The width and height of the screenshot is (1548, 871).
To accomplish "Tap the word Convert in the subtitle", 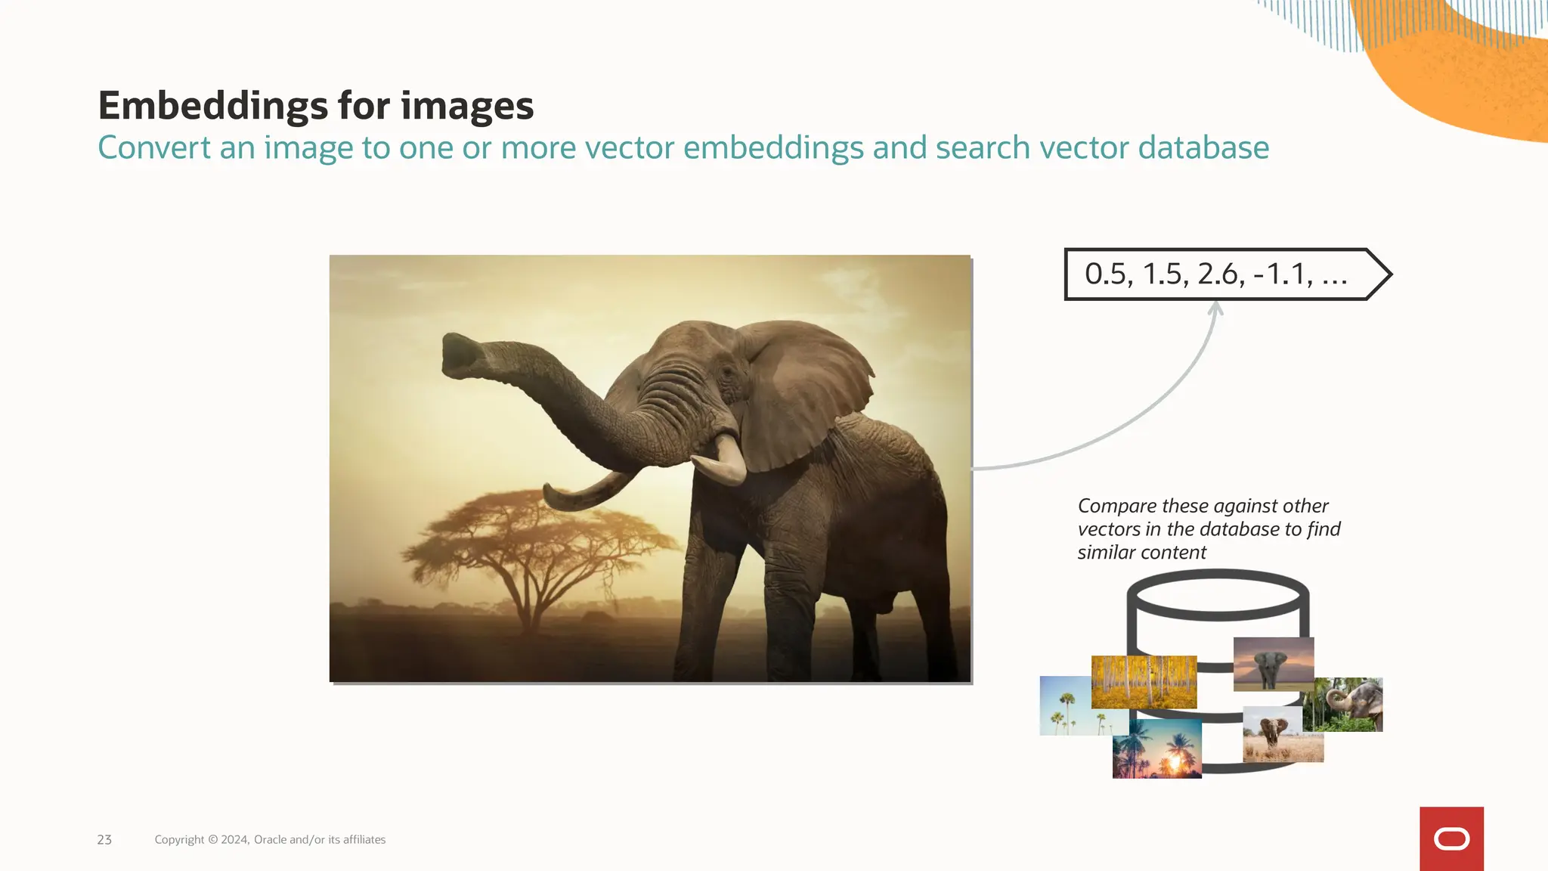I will (154, 148).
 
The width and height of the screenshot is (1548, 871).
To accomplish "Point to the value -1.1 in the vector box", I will (1283, 274).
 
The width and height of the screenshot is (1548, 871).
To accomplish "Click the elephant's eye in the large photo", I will (727, 373).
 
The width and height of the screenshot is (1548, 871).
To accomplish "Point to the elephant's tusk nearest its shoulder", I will (726, 460).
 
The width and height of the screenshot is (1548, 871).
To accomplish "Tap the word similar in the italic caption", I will (1105, 553).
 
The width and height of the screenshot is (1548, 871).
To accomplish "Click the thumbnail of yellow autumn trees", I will (1144, 680).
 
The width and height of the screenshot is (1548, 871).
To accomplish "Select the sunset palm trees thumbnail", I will (1156, 749).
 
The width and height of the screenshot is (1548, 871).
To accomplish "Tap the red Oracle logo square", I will (1451, 838).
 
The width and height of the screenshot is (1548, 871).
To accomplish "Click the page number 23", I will (104, 840).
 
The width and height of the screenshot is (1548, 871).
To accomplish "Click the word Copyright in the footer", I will (179, 840).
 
